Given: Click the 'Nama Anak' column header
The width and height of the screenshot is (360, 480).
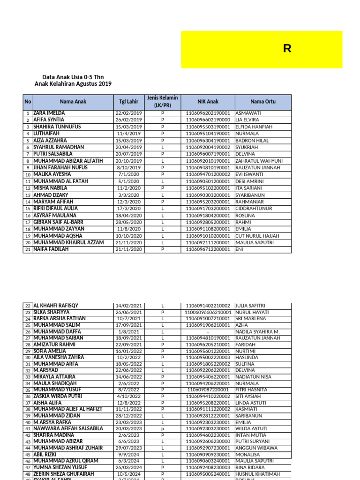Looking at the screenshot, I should coord(73,101).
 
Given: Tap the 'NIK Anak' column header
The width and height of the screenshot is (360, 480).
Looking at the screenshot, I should coord(208,101).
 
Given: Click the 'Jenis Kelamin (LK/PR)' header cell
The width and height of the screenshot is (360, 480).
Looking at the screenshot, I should coord(162,101).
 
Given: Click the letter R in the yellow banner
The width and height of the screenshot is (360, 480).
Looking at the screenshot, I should coord(287,49).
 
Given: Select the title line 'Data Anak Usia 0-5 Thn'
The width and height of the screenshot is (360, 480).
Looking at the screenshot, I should coord(73,76).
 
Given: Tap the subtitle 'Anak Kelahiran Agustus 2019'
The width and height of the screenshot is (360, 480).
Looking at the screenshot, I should coord(73,84).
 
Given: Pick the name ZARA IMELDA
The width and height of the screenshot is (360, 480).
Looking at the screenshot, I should coord(49,113).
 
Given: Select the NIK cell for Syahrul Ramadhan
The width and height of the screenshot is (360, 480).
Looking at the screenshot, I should coord(208,147).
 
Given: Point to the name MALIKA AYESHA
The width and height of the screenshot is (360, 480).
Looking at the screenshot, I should coord(52,174).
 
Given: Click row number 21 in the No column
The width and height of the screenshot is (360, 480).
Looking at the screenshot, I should coord(28,250).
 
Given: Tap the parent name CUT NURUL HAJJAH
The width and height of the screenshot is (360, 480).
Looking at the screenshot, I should coord(257,236).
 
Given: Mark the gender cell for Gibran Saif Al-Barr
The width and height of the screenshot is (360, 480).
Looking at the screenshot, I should coord(162,222).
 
